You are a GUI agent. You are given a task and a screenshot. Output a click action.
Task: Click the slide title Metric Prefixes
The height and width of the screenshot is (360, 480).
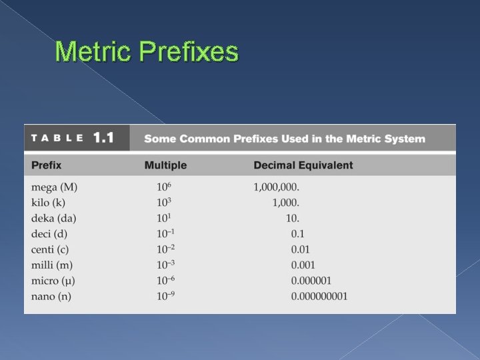click(x=147, y=51)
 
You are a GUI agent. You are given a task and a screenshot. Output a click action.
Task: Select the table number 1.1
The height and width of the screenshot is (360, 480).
click(x=103, y=139)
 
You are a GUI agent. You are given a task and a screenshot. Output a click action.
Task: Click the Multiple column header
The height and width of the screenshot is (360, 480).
click(x=165, y=165)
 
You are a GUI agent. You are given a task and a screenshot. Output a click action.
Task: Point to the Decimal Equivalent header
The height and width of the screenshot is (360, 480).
click(x=303, y=165)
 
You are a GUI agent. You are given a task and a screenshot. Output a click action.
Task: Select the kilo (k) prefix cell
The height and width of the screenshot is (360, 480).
click(x=49, y=203)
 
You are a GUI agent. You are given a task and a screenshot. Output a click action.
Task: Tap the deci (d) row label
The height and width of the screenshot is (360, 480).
click(x=49, y=234)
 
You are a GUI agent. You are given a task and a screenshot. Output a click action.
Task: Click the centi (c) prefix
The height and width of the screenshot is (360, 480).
click(x=50, y=249)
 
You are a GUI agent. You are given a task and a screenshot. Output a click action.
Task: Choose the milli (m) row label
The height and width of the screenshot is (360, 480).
click(x=51, y=265)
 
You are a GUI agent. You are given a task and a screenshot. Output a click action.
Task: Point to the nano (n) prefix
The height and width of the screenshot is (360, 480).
click(x=50, y=297)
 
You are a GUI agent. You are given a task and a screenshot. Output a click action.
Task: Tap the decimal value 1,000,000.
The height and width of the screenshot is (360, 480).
click(x=277, y=187)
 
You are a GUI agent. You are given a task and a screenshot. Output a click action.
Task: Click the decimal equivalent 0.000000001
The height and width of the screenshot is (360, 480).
click(x=319, y=297)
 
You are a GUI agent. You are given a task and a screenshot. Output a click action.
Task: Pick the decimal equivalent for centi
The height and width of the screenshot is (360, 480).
click(x=301, y=250)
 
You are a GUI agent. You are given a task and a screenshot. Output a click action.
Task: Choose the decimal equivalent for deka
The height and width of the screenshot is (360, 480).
click(x=293, y=219)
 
